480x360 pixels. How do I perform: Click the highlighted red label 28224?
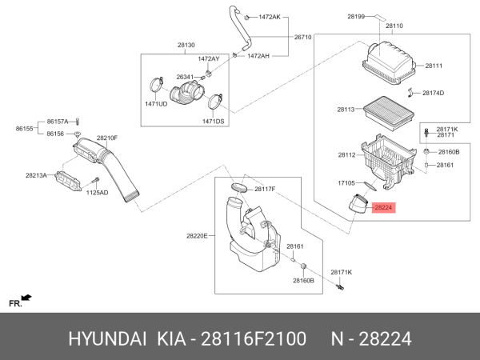(383, 208)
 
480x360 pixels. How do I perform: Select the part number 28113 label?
(346, 109)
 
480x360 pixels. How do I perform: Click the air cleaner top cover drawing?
(390, 63)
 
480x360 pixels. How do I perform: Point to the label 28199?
(356, 16)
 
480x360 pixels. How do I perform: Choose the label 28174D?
(433, 93)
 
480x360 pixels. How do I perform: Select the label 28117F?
(265, 189)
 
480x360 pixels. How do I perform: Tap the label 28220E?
(197, 236)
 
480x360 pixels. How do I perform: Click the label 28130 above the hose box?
(186, 46)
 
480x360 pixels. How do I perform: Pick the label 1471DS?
(213, 122)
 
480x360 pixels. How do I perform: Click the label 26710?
(302, 37)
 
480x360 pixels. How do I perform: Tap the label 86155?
(25, 127)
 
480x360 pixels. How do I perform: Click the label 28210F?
(107, 138)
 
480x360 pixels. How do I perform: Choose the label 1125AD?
(97, 193)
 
